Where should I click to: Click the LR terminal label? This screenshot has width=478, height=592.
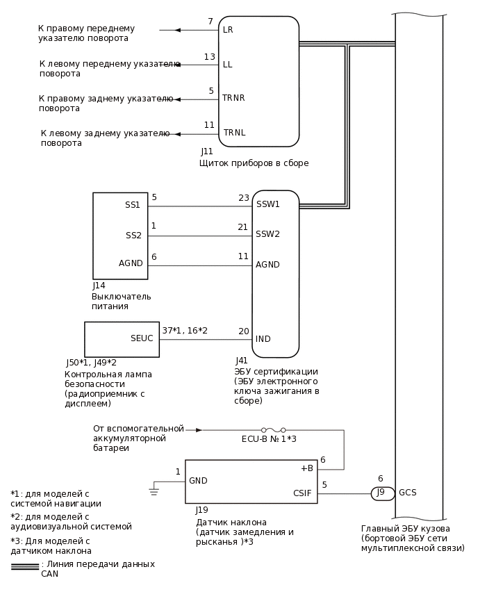tap(228, 31)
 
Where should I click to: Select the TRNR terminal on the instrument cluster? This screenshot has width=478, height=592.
tap(233, 98)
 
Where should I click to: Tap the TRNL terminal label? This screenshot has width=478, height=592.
tap(234, 133)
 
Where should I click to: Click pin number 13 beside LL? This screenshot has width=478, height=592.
tap(209, 56)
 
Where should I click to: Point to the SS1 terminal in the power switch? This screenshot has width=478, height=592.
tap(133, 205)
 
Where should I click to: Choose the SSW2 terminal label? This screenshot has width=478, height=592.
tap(267, 234)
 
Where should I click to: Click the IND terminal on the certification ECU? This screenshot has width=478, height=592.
tap(263, 339)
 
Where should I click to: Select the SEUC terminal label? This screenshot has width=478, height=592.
tap(142, 338)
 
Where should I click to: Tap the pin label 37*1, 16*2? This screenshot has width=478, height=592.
tap(185, 331)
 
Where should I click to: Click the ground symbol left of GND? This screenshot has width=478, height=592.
tap(154, 491)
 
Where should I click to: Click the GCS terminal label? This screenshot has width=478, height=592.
tap(408, 493)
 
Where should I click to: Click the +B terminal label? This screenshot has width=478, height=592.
tap(306, 468)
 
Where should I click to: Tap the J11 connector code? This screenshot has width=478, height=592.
tap(206, 151)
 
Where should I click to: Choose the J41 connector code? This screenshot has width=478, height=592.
tap(242, 360)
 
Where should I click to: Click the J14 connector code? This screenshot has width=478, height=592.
tap(99, 285)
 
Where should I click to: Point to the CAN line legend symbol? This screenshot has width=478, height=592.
tap(25, 567)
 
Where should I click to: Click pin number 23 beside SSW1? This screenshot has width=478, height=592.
tap(243, 198)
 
